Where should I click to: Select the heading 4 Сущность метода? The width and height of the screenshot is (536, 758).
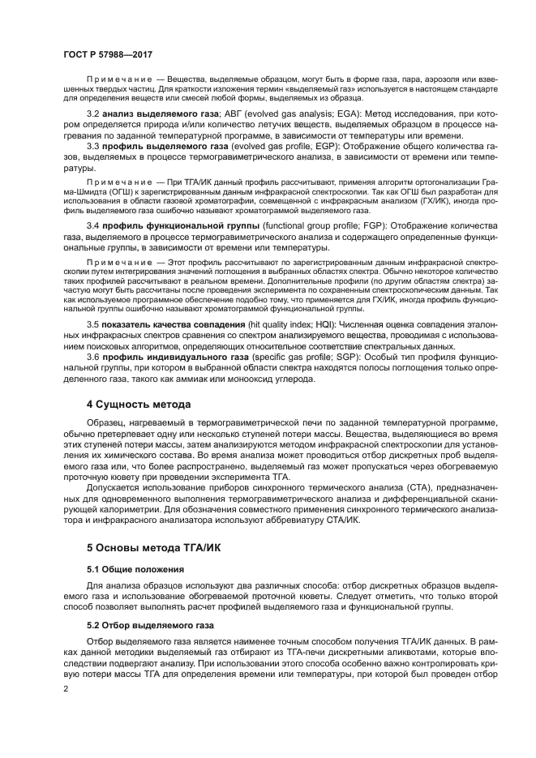(x=139, y=404)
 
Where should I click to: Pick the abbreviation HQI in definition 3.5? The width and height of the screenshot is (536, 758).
(x=338, y=323)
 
